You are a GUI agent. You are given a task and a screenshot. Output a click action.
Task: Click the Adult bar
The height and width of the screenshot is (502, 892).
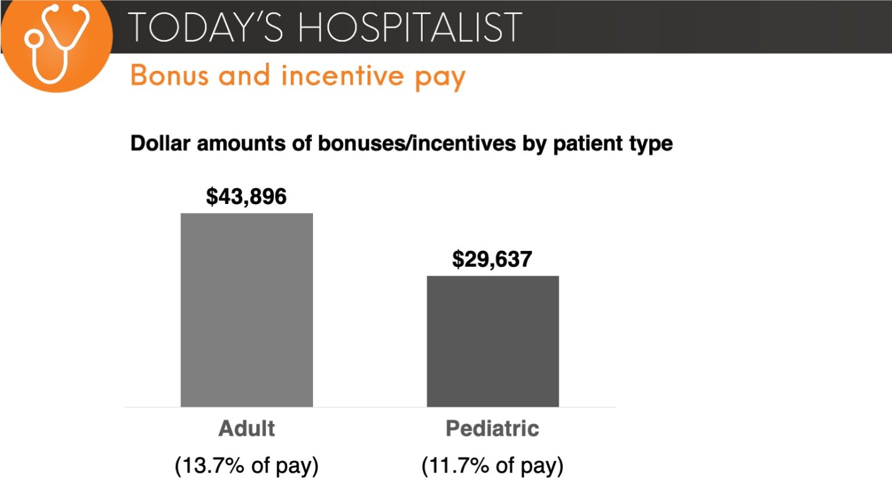tap(246, 310)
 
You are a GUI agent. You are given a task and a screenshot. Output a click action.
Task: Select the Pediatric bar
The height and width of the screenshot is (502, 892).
tap(492, 341)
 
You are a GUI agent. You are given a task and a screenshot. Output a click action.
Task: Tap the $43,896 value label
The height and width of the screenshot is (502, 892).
tap(246, 196)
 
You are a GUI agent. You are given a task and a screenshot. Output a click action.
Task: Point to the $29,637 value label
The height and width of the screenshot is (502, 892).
tap(492, 259)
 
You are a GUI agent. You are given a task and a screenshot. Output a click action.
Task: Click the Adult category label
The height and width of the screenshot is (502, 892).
tap(246, 429)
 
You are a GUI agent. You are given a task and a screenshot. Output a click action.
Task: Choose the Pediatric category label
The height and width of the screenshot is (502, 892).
tap(492, 429)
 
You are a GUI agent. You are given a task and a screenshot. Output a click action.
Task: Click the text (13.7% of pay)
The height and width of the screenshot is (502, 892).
tap(246, 465)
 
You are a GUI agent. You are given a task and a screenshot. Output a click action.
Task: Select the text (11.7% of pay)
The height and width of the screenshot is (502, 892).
tap(492, 465)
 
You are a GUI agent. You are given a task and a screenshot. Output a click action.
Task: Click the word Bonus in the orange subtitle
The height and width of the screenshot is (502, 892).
tap(170, 76)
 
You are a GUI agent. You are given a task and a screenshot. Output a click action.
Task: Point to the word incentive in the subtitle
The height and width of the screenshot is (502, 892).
tap(342, 76)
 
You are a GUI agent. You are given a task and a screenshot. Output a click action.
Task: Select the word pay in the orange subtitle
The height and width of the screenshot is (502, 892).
tap(440, 78)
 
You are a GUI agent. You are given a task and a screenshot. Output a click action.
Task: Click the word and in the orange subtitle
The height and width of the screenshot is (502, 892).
tap(244, 76)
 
